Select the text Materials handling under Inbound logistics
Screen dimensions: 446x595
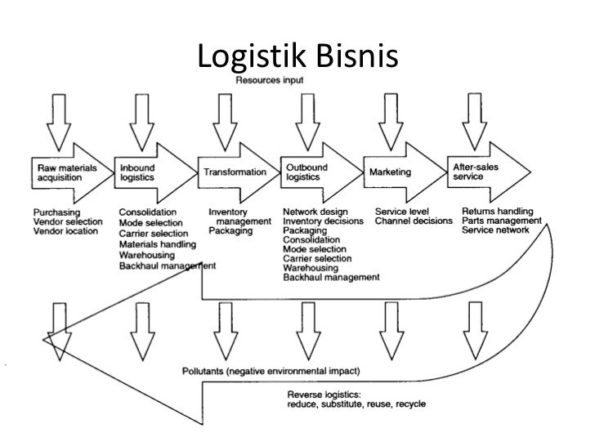158,243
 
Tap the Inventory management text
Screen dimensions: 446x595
239,216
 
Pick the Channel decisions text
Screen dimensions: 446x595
413,221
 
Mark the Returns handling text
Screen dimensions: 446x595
499,210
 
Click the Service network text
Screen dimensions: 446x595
495,230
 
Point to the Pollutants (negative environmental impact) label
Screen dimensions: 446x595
275,371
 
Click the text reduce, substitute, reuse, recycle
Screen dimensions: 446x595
356,404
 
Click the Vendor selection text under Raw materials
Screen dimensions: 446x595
68,221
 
